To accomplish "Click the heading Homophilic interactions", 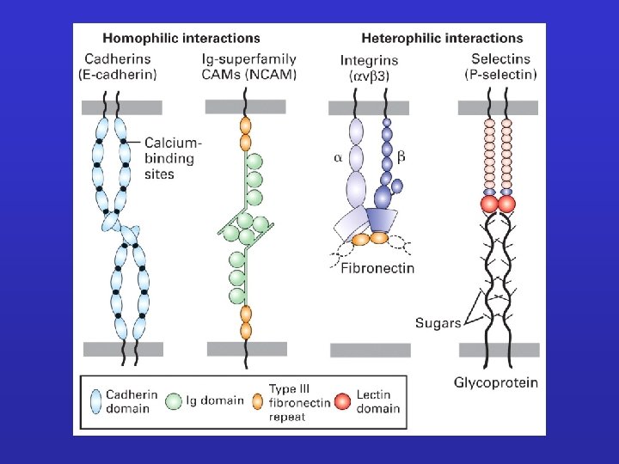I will click(x=181, y=38).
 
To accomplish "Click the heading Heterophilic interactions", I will click(x=442, y=38).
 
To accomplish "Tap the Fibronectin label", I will click(x=377, y=268).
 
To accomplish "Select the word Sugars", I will click(x=438, y=323).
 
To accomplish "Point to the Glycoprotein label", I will click(x=496, y=382).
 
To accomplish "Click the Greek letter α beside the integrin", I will click(x=338, y=158).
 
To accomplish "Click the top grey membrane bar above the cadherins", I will click(x=121, y=107).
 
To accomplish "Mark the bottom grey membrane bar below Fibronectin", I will click(x=371, y=350).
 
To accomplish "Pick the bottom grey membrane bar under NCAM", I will click(x=246, y=348).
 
